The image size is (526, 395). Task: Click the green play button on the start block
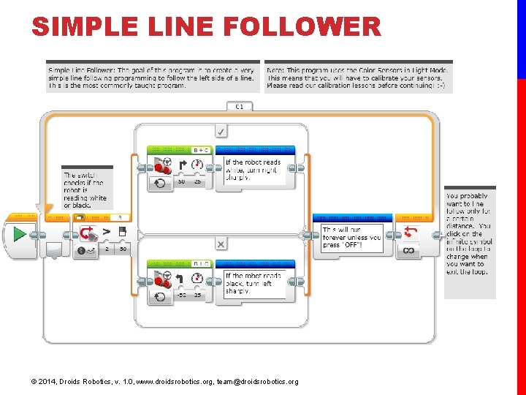click(x=20, y=234)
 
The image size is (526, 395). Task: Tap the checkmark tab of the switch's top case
click(x=221, y=131)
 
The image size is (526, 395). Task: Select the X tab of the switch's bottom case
click(x=221, y=243)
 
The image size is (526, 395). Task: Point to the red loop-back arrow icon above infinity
click(x=409, y=232)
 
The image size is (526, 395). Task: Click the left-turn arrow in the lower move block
click(x=181, y=278)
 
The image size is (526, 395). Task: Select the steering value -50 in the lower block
click(x=181, y=295)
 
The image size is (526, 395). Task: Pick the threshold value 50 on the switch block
click(x=123, y=249)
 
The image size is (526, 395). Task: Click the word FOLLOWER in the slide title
click(x=302, y=28)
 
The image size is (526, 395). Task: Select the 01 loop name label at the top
click(x=239, y=107)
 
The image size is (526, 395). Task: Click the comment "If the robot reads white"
click(x=252, y=170)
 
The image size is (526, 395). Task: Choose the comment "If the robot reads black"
click(x=252, y=284)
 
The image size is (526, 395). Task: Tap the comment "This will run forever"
click(x=351, y=237)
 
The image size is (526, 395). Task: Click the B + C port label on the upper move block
click(x=200, y=150)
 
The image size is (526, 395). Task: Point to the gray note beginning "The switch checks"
click(x=85, y=189)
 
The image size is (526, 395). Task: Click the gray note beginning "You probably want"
click(x=469, y=234)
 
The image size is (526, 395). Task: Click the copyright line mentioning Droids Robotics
click(x=164, y=382)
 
